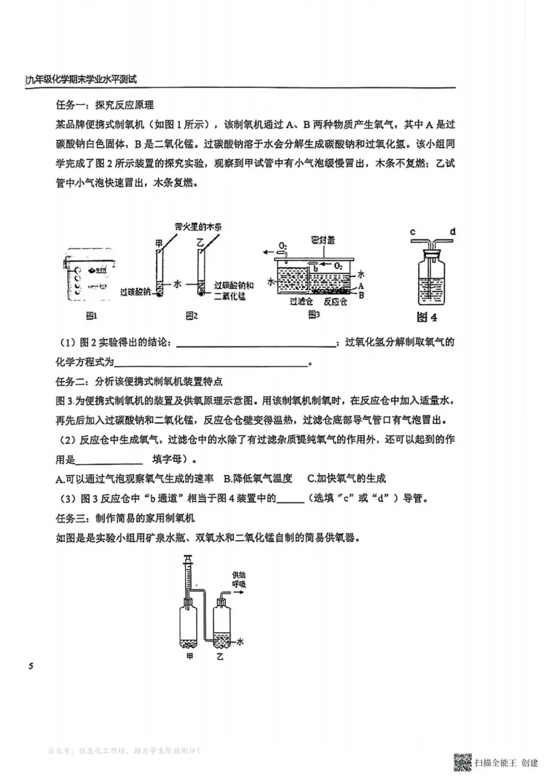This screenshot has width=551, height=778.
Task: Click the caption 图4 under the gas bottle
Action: (427, 317)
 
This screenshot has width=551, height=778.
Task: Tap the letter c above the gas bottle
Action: (413, 232)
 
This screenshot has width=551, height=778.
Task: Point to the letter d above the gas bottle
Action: (452, 232)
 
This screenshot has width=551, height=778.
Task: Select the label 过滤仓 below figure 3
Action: (300, 301)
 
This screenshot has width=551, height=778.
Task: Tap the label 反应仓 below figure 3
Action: (335, 301)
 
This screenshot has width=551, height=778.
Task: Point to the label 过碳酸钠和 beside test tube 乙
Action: (234, 285)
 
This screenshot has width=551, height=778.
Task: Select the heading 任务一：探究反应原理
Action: (105, 105)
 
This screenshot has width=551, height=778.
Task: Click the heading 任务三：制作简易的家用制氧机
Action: (125, 518)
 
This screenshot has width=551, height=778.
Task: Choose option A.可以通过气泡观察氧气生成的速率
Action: (134, 478)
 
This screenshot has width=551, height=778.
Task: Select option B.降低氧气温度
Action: (258, 478)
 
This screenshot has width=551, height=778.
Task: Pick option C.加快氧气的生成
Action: (346, 478)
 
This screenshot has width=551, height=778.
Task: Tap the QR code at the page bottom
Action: (463, 762)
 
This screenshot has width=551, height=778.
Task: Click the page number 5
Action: (31, 666)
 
